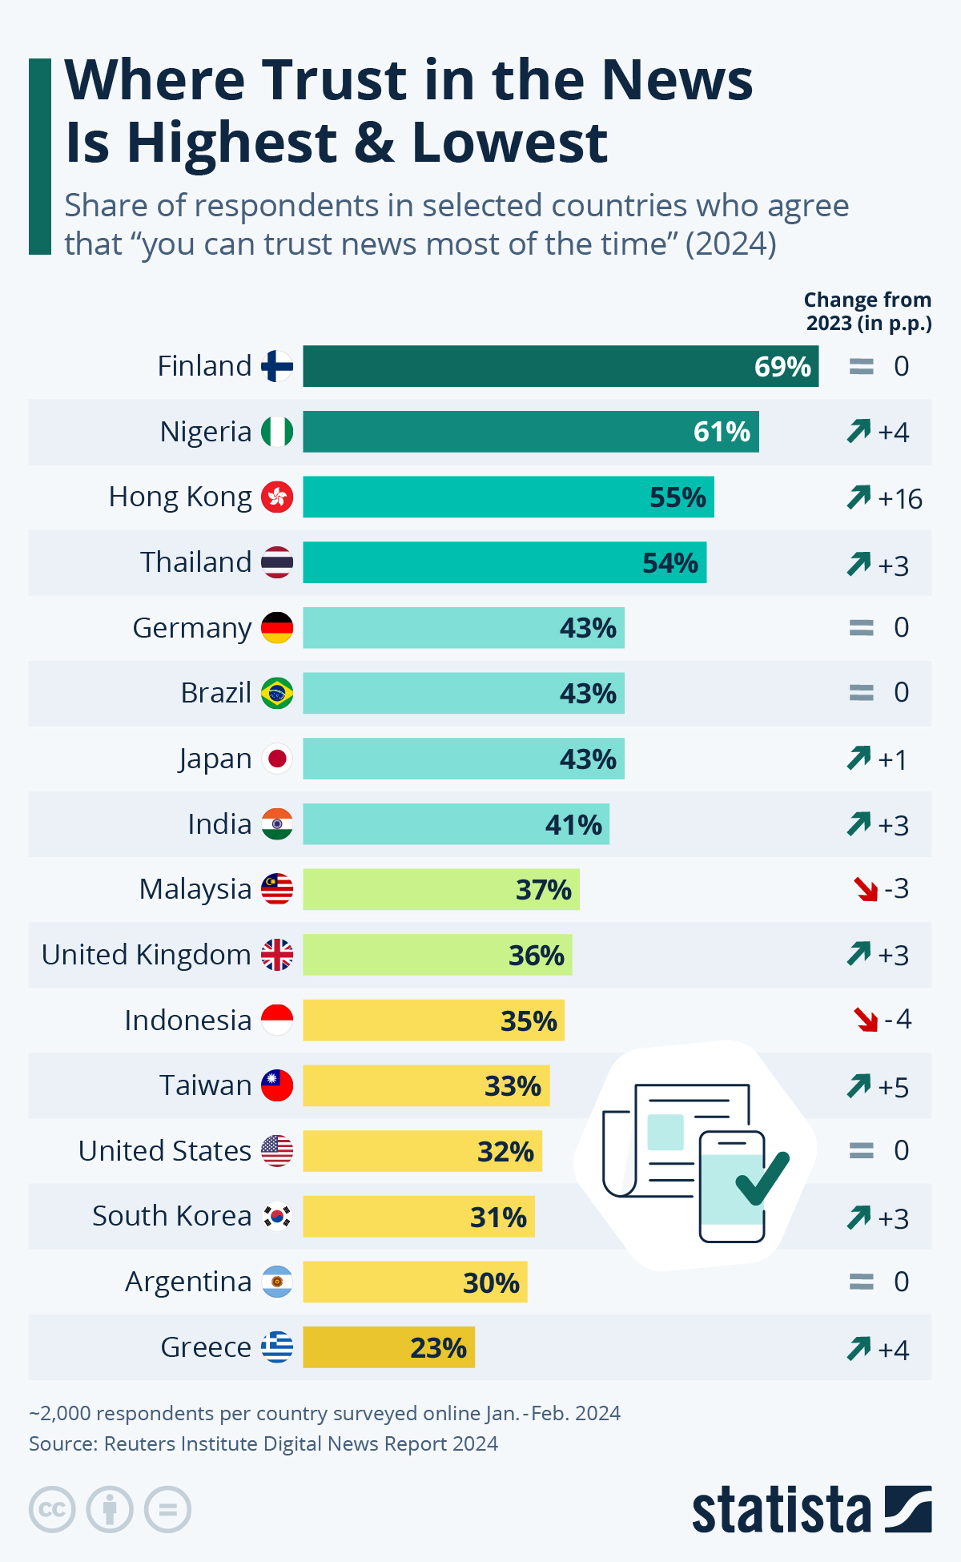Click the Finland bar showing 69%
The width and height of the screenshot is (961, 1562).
click(x=561, y=366)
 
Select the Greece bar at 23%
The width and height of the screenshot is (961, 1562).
click(x=388, y=1347)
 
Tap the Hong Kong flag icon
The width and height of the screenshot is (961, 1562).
click(x=277, y=497)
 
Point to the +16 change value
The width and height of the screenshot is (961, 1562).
click(x=900, y=499)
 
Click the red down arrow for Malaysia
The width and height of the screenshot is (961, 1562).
click(x=866, y=889)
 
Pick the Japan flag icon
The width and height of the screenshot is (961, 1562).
click(x=277, y=759)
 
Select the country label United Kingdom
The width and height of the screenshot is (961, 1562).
click(x=147, y=955)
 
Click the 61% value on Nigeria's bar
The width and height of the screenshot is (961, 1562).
click(x=722, y=432)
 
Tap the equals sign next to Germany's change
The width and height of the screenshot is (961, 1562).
click(x=861, y=627)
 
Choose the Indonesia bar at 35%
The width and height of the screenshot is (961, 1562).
click(x=433, y=1021)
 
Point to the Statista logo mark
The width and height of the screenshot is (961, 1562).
click(x=908, y=1509)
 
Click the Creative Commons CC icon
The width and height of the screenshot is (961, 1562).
click(x=52, y=1510)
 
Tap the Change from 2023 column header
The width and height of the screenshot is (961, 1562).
click(x=868, y=312)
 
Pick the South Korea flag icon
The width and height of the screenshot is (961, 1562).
click(x=277, y=1217)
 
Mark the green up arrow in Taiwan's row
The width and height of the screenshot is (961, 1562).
click(x=858, y=1086)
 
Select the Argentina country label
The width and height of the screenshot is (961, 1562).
click(x=188, y=1282)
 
